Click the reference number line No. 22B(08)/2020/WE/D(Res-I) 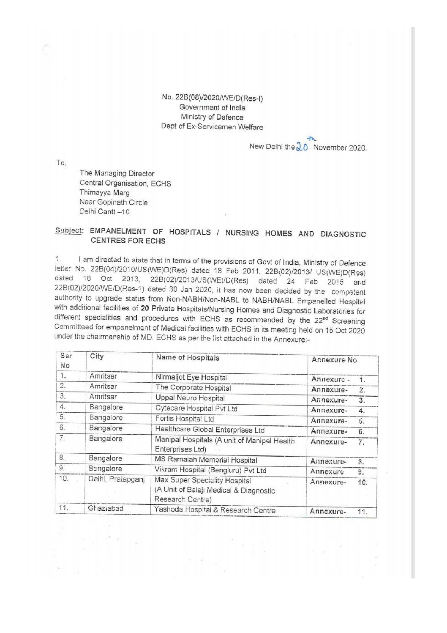(x=212, y=98)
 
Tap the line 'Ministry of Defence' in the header (x=212, y=117)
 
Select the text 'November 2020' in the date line (x=340, y=148)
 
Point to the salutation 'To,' (x=61, y=163)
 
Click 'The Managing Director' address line (x=117, y=173)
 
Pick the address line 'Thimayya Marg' (x=105, y=193)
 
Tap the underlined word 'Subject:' (x=69, y=230)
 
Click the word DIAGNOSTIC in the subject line (x=343, y=234)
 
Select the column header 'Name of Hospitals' (x=188, y=358)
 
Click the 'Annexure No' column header (x=334, y=360)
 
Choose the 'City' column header (x=97, y=356)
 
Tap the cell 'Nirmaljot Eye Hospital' (x=191, y=377)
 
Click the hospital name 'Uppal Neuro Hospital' (x=190, y=398)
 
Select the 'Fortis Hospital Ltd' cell (x=185, y=419)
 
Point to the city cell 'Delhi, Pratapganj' (x=116, y=479)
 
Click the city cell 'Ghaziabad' (x=106, y=508)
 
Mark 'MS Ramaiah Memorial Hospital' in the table (x=206, y=460)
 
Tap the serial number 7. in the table (x=62, y=438)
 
